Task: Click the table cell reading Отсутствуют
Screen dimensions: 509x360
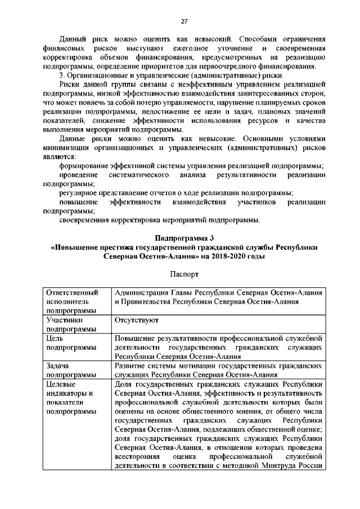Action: (136, 319)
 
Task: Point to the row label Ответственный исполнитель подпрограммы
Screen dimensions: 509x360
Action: (70, 301)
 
